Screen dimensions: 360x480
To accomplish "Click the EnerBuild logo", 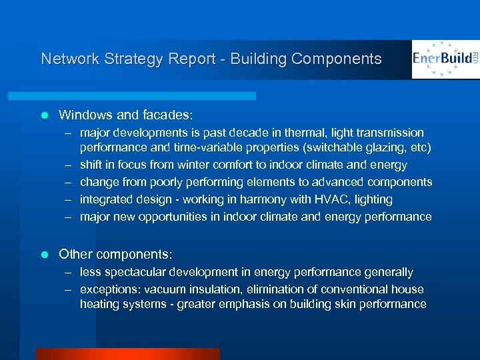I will pos(445,59).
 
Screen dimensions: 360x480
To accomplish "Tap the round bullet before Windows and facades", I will pos(45,115).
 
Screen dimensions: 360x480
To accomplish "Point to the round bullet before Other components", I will pos(45,255).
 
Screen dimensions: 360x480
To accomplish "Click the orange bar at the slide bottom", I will pos(127,353).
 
